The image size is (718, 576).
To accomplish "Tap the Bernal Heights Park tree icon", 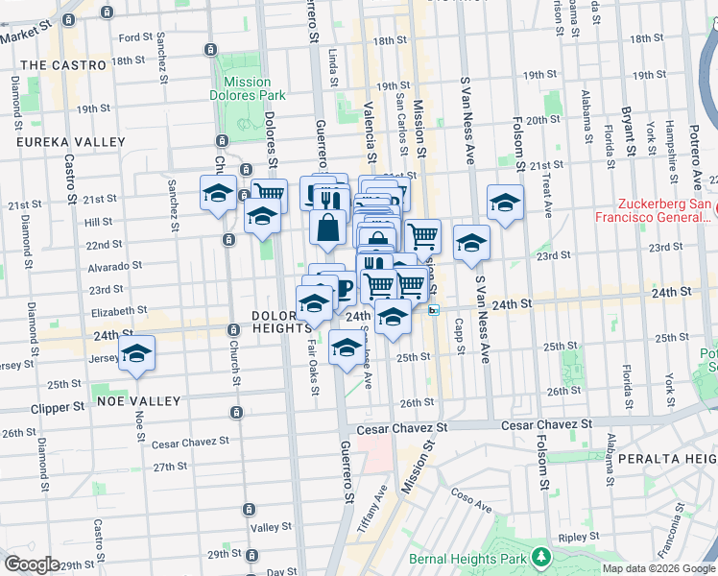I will pyautogui.click(x=542, y=556).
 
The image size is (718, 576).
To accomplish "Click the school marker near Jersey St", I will pyautogui.click(x=137, y=354).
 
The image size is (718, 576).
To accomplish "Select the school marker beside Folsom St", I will pyautogui.click(x=505, y=202).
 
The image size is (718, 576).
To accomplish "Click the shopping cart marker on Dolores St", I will pyautogui.click(x=270, y=195).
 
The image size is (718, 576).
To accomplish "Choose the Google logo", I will pyautogui.click(x=32, y=564).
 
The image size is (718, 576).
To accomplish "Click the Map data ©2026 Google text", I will pyautogui.click(x=658, y=568).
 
